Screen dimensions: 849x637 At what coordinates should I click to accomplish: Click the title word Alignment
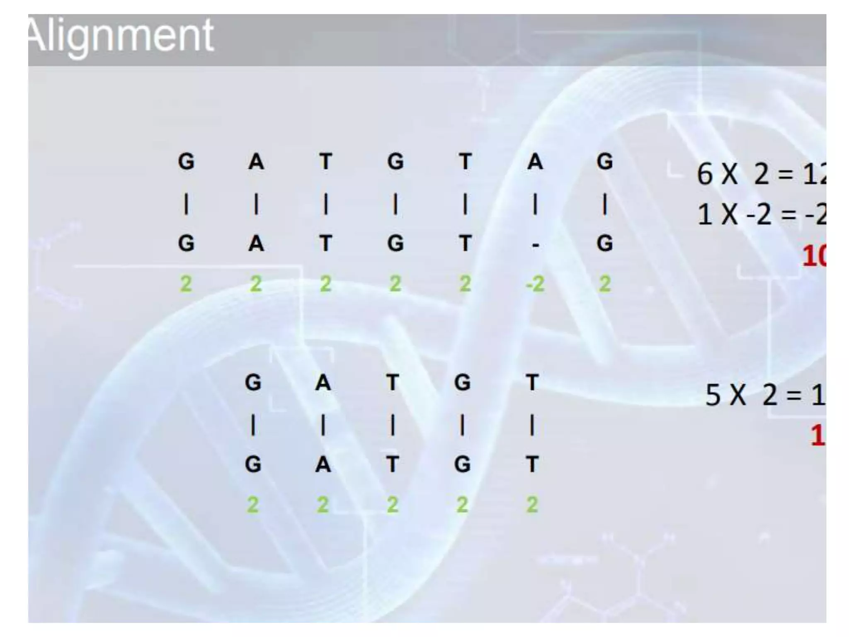click(121, 36)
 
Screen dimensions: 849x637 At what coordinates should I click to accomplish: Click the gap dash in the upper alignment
click(535, 246)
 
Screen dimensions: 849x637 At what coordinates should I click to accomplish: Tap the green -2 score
click(535, 284)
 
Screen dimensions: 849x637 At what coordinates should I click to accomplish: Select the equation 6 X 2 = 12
click(761, 174)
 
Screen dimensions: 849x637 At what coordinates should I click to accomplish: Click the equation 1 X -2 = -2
click(761, 215)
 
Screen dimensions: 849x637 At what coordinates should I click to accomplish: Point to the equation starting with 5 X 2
click(765, 395)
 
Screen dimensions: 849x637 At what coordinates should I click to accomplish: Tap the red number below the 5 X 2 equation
click(817, 435)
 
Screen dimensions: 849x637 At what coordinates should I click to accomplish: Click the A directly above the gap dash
click(535, 162)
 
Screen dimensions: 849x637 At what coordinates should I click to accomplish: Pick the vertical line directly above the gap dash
click(535, 205)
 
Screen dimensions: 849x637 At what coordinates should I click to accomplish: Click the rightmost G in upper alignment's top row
click(605, 162)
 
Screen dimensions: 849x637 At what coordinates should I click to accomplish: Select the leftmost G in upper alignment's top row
click(186, 162)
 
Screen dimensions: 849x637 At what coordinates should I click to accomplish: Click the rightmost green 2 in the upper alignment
click(605, 284)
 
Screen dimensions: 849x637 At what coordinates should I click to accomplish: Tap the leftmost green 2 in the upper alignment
click(186, 284)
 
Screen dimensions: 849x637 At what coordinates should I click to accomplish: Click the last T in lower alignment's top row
click(532, 382)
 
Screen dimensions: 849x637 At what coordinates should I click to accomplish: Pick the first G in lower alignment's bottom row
click(253, 464)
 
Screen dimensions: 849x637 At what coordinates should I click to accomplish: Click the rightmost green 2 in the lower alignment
click(532, 505)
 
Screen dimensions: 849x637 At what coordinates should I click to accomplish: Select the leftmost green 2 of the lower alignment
click(253, 505)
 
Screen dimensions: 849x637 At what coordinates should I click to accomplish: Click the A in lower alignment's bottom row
click(323, 464)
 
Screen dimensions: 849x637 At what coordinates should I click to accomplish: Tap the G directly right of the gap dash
click(605, 243)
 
